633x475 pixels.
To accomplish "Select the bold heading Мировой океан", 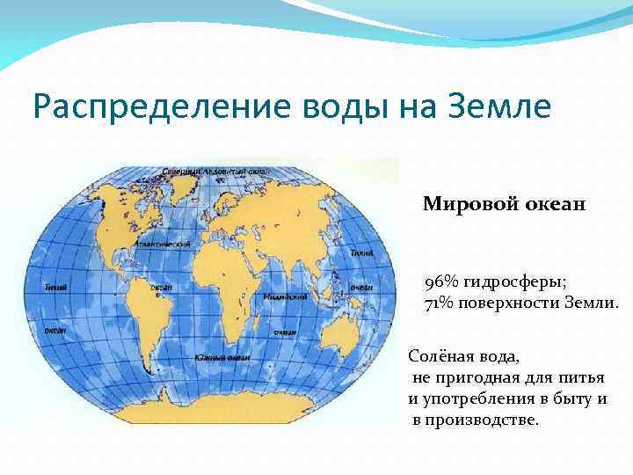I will pos(503,205).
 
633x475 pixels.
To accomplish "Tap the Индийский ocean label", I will pos(284,297).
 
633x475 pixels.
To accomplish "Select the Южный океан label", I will pos(223,358).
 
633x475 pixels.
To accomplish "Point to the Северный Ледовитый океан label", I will pos(215,170).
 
